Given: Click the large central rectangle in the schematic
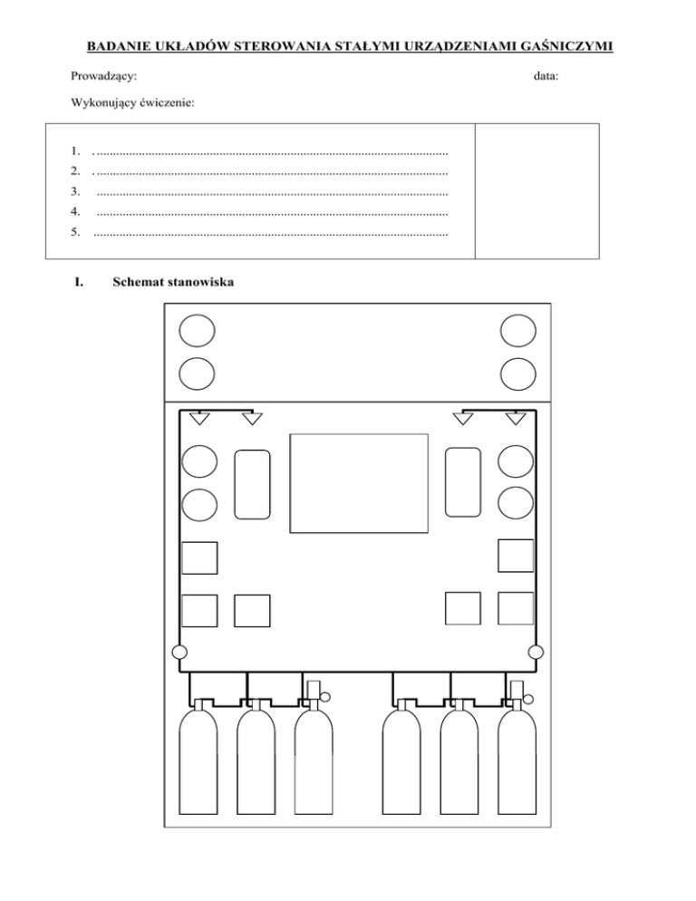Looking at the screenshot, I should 359,483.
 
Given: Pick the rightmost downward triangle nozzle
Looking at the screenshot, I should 516,418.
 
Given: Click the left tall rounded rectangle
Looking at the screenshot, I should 252,484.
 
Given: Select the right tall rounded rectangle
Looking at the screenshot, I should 463,484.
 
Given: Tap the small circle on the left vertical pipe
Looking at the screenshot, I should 179,651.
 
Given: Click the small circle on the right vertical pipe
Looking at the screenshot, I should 536,651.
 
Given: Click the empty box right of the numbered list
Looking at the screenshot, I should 536,191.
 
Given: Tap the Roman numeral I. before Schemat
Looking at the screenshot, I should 78,282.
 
